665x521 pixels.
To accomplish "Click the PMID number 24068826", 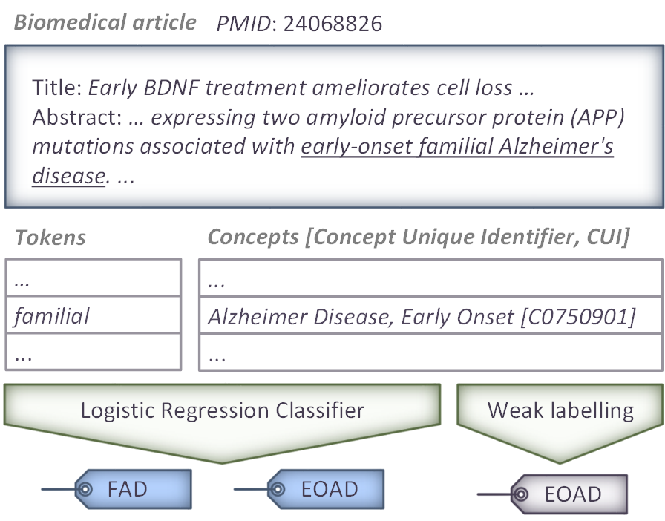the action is coord(332,23).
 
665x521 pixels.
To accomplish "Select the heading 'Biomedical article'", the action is coord(105,22).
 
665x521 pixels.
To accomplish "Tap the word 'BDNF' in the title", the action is coord(171,88).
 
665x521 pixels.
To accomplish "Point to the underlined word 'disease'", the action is coord(69,176).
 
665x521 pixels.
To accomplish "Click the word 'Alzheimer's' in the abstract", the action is coord(556,146).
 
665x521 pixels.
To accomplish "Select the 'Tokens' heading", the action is coord(50,237).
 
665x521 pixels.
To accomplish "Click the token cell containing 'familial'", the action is coord(94,315).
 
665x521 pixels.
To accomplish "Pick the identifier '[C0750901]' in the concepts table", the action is coord(577,317).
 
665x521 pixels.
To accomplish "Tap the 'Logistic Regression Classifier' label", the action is coord(223,410).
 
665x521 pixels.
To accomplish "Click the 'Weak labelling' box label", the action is coord(560,410).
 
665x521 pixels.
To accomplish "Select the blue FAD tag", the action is coord(133,489).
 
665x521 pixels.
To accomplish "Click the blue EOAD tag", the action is coord(326,489).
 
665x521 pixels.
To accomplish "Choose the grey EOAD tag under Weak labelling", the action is coord(569,494).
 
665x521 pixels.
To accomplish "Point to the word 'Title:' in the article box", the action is coord(57,88).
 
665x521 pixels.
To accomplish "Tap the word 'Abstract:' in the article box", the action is coord(77,117).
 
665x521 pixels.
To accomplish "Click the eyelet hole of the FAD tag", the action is coord(85,489).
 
